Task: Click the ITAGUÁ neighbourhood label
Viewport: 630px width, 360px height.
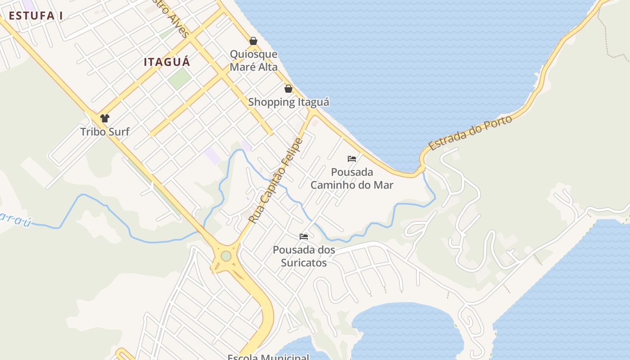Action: tap(167, 62)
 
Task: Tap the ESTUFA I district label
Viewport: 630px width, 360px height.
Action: tap(36, 15)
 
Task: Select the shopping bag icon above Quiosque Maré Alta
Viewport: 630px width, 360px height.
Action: tap(253, 41)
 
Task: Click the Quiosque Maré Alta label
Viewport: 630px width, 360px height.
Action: tap(253, 60)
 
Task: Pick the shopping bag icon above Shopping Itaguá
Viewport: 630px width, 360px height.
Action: tap(288, 89)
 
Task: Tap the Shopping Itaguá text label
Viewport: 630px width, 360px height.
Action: tap(288, 102)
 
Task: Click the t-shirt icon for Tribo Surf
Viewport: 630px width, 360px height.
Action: tap(105, 118)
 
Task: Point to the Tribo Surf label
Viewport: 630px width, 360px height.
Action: tap(105, 132)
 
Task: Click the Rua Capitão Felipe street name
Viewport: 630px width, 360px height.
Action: tap(276, 181)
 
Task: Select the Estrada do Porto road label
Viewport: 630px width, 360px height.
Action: tap(470, 133)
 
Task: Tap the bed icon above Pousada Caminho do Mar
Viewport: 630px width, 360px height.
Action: tap(352, 159)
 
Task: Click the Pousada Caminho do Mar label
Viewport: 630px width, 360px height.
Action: tap(352, 178)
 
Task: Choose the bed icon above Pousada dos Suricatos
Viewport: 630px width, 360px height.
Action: tap(304, 237)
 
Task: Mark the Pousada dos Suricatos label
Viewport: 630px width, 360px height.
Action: tap(304, 256)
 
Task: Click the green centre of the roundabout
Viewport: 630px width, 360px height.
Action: tap(226, 256)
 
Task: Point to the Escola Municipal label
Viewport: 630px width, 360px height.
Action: tap(268, 357)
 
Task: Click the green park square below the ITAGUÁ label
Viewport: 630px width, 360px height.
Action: tap(180, 78)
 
